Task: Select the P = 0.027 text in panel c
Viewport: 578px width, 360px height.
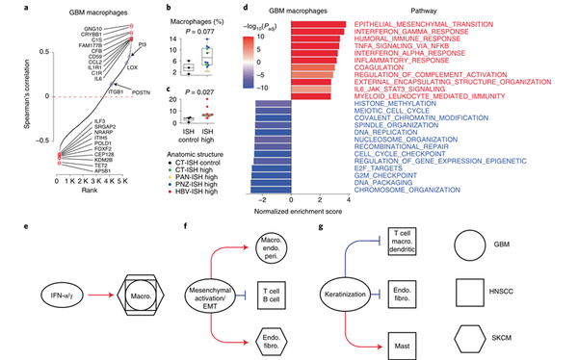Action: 206,95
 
